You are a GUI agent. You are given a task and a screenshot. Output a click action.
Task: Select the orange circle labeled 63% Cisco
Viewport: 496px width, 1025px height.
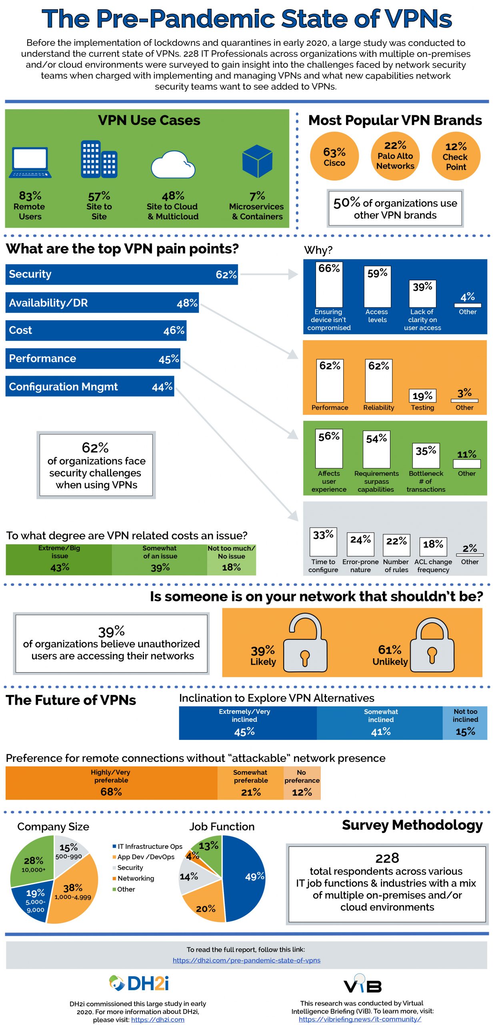pos(334,156)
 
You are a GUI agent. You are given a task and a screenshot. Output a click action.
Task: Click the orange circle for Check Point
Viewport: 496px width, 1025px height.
pos(456,156)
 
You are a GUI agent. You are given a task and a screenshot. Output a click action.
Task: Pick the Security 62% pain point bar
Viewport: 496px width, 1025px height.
pos(121,274)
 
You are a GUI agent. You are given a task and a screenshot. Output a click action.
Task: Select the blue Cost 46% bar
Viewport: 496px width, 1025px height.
pos(96,330)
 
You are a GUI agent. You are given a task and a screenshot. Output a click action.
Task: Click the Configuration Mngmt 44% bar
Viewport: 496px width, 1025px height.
pos(90,386)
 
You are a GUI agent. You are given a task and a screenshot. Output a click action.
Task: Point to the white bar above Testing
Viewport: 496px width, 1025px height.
pos(422,396)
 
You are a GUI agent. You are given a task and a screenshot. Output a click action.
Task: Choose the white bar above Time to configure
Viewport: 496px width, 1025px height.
pos(323,541)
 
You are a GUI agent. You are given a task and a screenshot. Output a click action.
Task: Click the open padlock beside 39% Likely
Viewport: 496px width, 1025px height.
pos(305,643)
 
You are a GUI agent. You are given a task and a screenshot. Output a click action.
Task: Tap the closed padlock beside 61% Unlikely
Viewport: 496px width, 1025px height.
pos(432,645)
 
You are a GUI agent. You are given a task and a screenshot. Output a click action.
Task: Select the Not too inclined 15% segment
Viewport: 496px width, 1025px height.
pos(465,723)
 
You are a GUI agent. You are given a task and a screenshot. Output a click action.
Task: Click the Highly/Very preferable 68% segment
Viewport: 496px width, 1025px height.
pos(111,783)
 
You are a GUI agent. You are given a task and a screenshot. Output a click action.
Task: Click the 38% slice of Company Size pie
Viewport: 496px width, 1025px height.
pos(74,895)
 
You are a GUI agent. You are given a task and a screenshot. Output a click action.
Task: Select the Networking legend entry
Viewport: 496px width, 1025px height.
pos(135,878)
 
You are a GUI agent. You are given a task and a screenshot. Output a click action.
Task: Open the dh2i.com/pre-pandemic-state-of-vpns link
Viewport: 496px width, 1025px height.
pos(246,960)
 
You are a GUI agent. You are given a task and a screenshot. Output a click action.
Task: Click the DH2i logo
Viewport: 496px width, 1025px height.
pos(139,983)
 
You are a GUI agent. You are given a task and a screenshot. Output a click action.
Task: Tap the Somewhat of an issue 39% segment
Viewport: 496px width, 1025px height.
pos(160,560)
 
